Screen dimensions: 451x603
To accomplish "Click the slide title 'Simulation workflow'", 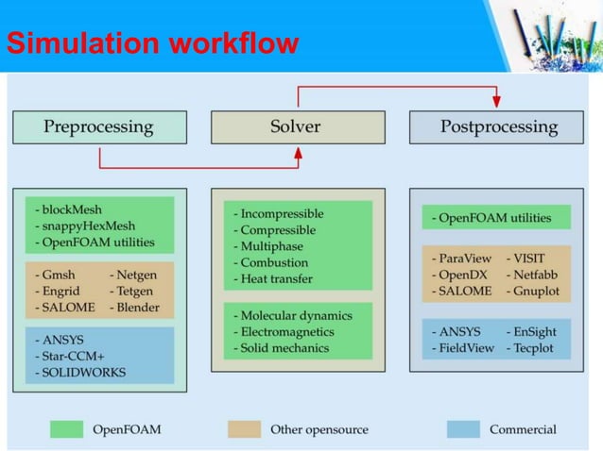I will [x=152, y=43].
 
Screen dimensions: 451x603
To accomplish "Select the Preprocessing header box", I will [x=98, y=126].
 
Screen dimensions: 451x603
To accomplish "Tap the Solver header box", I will [x=297, y=126].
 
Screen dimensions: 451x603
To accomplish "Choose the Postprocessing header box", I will [x=499, y=126].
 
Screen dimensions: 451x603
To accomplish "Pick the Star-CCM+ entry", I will [x=72, y=356].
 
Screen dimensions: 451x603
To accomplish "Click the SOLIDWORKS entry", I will [x=78, y=372].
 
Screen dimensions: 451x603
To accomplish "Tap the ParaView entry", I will [x=459, y=257].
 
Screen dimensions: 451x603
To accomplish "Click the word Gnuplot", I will [x=537, y=291].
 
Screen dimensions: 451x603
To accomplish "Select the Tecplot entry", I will [x=536, y=348].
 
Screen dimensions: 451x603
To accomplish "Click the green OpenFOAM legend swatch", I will [x=66, y=429].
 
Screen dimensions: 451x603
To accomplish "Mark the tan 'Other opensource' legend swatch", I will [x=244, y=429].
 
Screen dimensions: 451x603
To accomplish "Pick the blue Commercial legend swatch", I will [x=463, y=429].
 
